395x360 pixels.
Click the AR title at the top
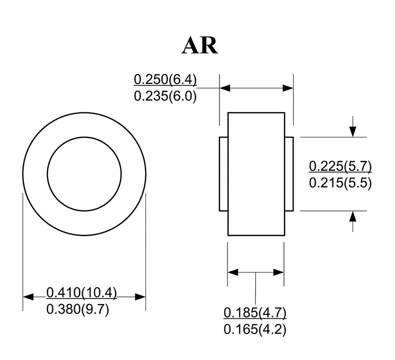(x=200, y=45)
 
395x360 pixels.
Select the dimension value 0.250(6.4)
(x=165, y=79)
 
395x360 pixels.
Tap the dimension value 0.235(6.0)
(x=165, y=96)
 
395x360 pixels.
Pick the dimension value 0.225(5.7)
(x=340, y=166)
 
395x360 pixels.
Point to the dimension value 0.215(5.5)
(x=340, y=182)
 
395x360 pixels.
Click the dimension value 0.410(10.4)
(x=81, y=292)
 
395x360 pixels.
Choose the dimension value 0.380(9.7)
(x=77, y=309)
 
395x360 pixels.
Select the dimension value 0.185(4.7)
(x=255, y=313)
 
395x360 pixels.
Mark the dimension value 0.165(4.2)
(x=255, y=330)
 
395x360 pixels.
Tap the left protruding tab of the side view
(x=223, y=173)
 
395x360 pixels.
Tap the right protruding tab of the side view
(x=289, y=173)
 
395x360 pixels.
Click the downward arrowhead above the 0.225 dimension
(x=353, y=131)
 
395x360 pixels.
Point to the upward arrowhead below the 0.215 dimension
(x=353, y=216)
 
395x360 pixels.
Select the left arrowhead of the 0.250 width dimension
(x=224, y=88)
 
